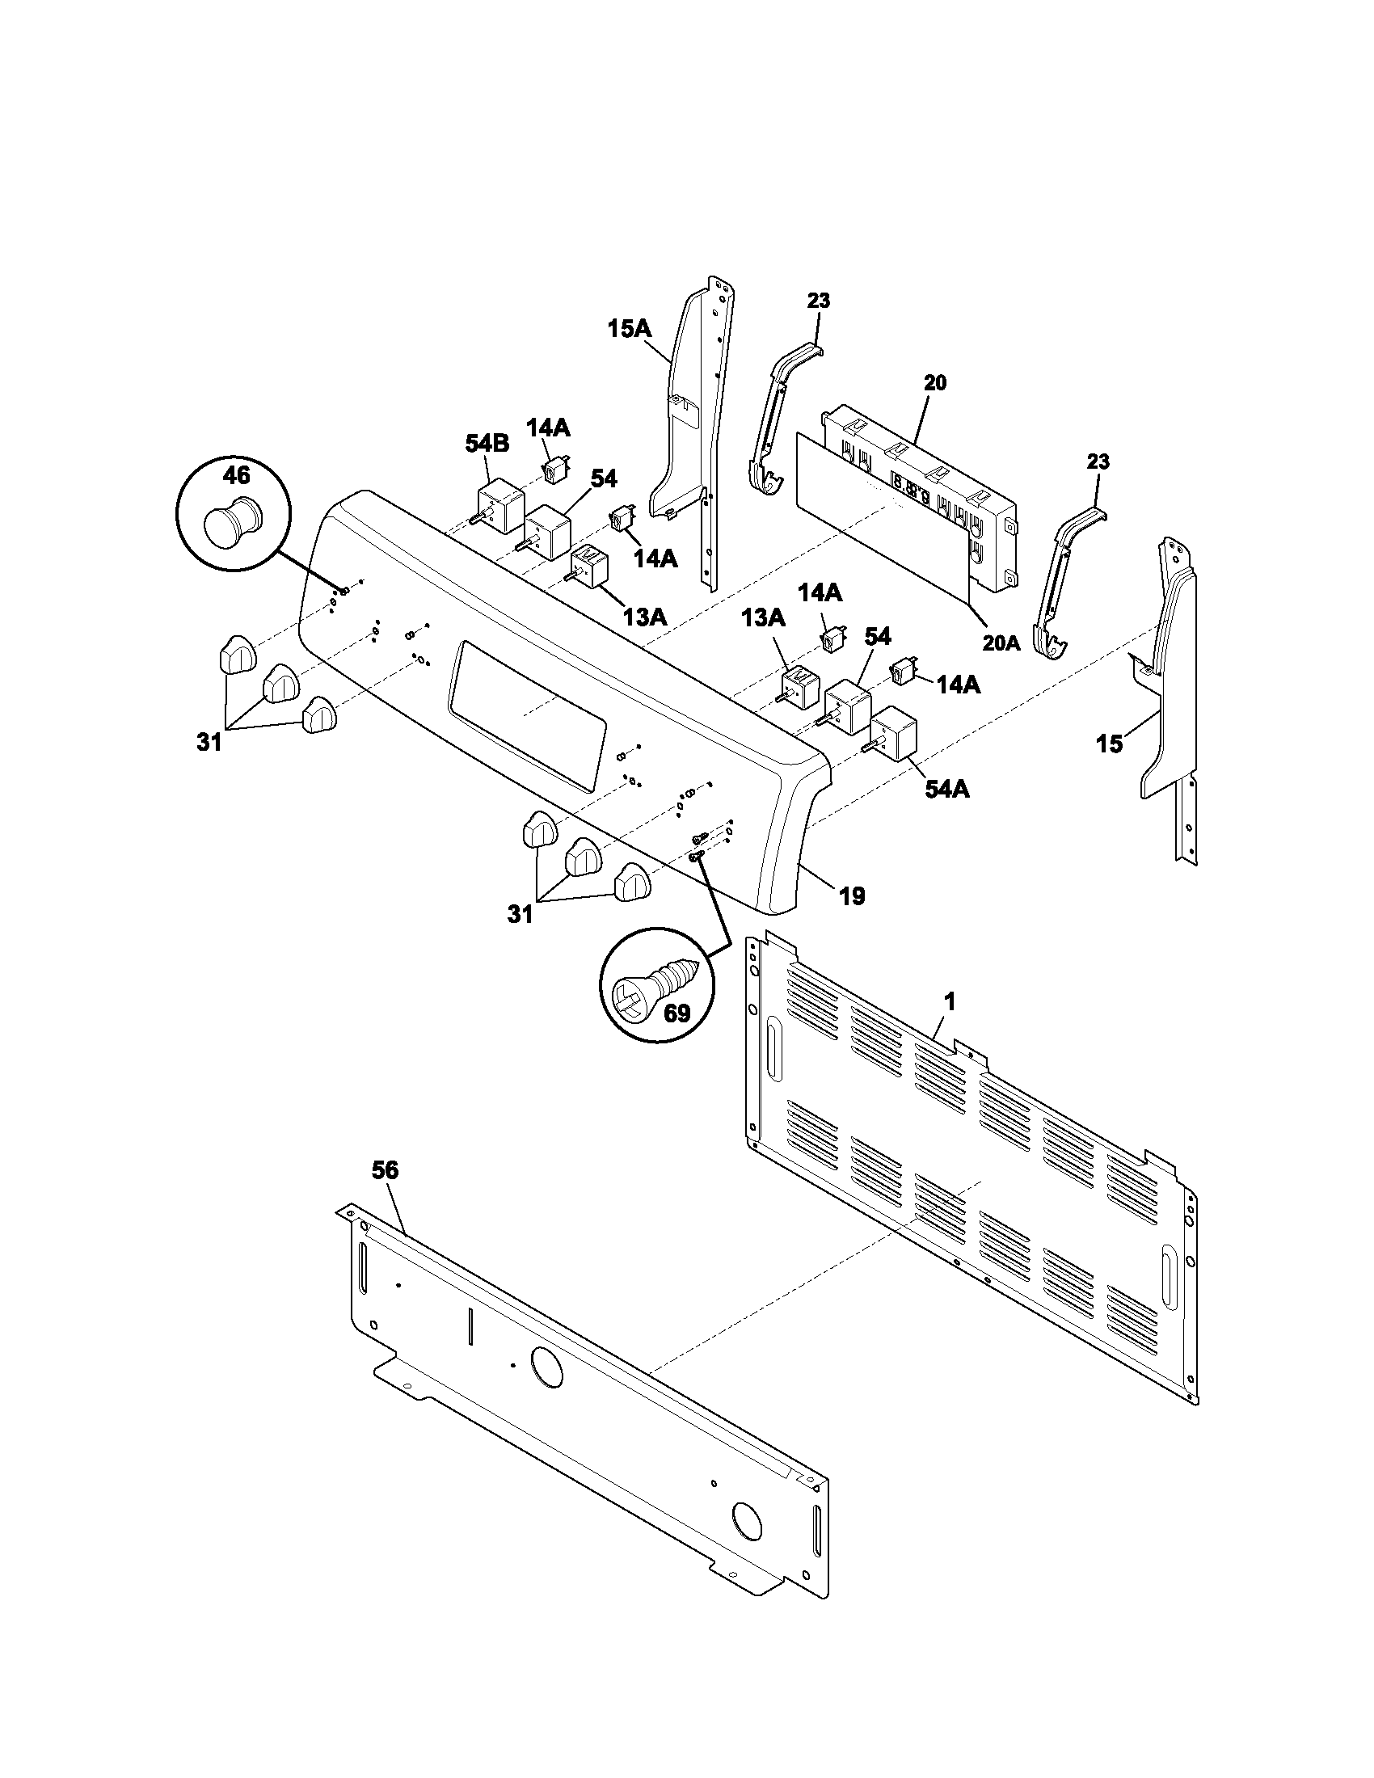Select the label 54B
(487, 444)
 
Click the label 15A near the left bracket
(629, 329)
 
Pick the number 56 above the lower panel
(385, 1170)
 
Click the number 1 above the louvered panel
(949, 1002)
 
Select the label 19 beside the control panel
(852, 896)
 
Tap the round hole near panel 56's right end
(745, 1515)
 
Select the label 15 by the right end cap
(1110, 744)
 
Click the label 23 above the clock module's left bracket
(819, 301)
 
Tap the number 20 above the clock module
(935, 382)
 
